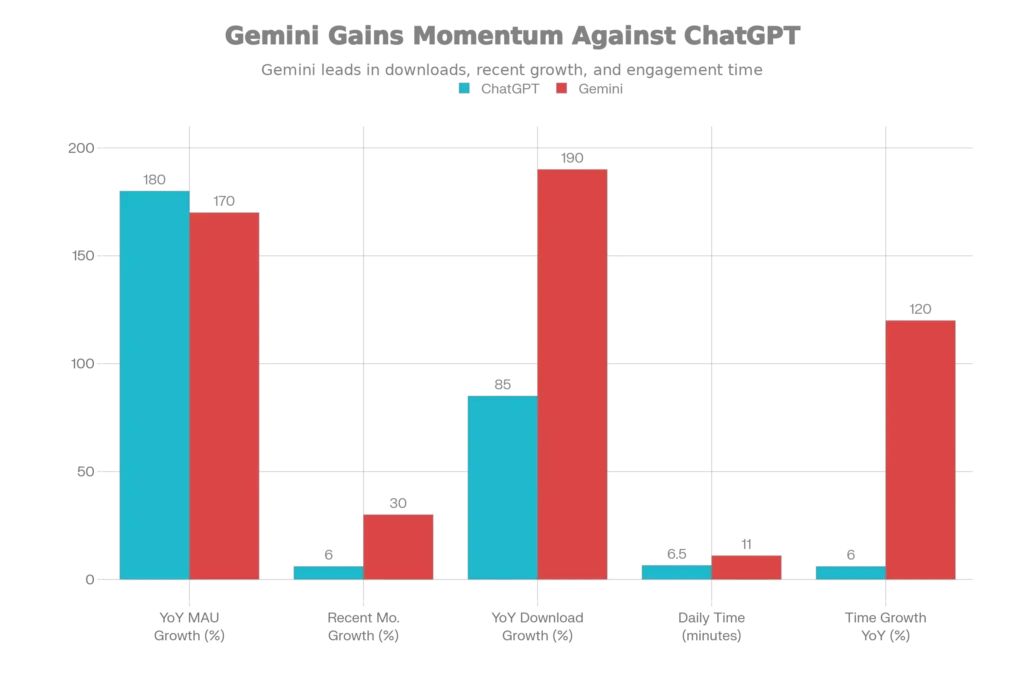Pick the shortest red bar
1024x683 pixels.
tap(747, 566)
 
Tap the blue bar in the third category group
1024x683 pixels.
tap(502, 486)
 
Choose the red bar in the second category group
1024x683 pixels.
tap(399, 546)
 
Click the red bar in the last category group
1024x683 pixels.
tap(921, 448)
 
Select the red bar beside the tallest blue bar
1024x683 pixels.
tap(226, 394)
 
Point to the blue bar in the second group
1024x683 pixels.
tap(327, 571)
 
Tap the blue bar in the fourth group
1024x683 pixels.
tap(676, 571)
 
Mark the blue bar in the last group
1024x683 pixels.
tap(850, 571)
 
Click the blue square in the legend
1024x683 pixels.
tap(465, 88)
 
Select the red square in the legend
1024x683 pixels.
tap(561, 88)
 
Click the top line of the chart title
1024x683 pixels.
tap(511, 37)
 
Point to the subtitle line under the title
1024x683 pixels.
tap(511, 70)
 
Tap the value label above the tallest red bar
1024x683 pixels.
tap(572, 158)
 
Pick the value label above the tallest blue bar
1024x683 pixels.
tap(154, 178)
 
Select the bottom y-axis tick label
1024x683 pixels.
tap(86, 580)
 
